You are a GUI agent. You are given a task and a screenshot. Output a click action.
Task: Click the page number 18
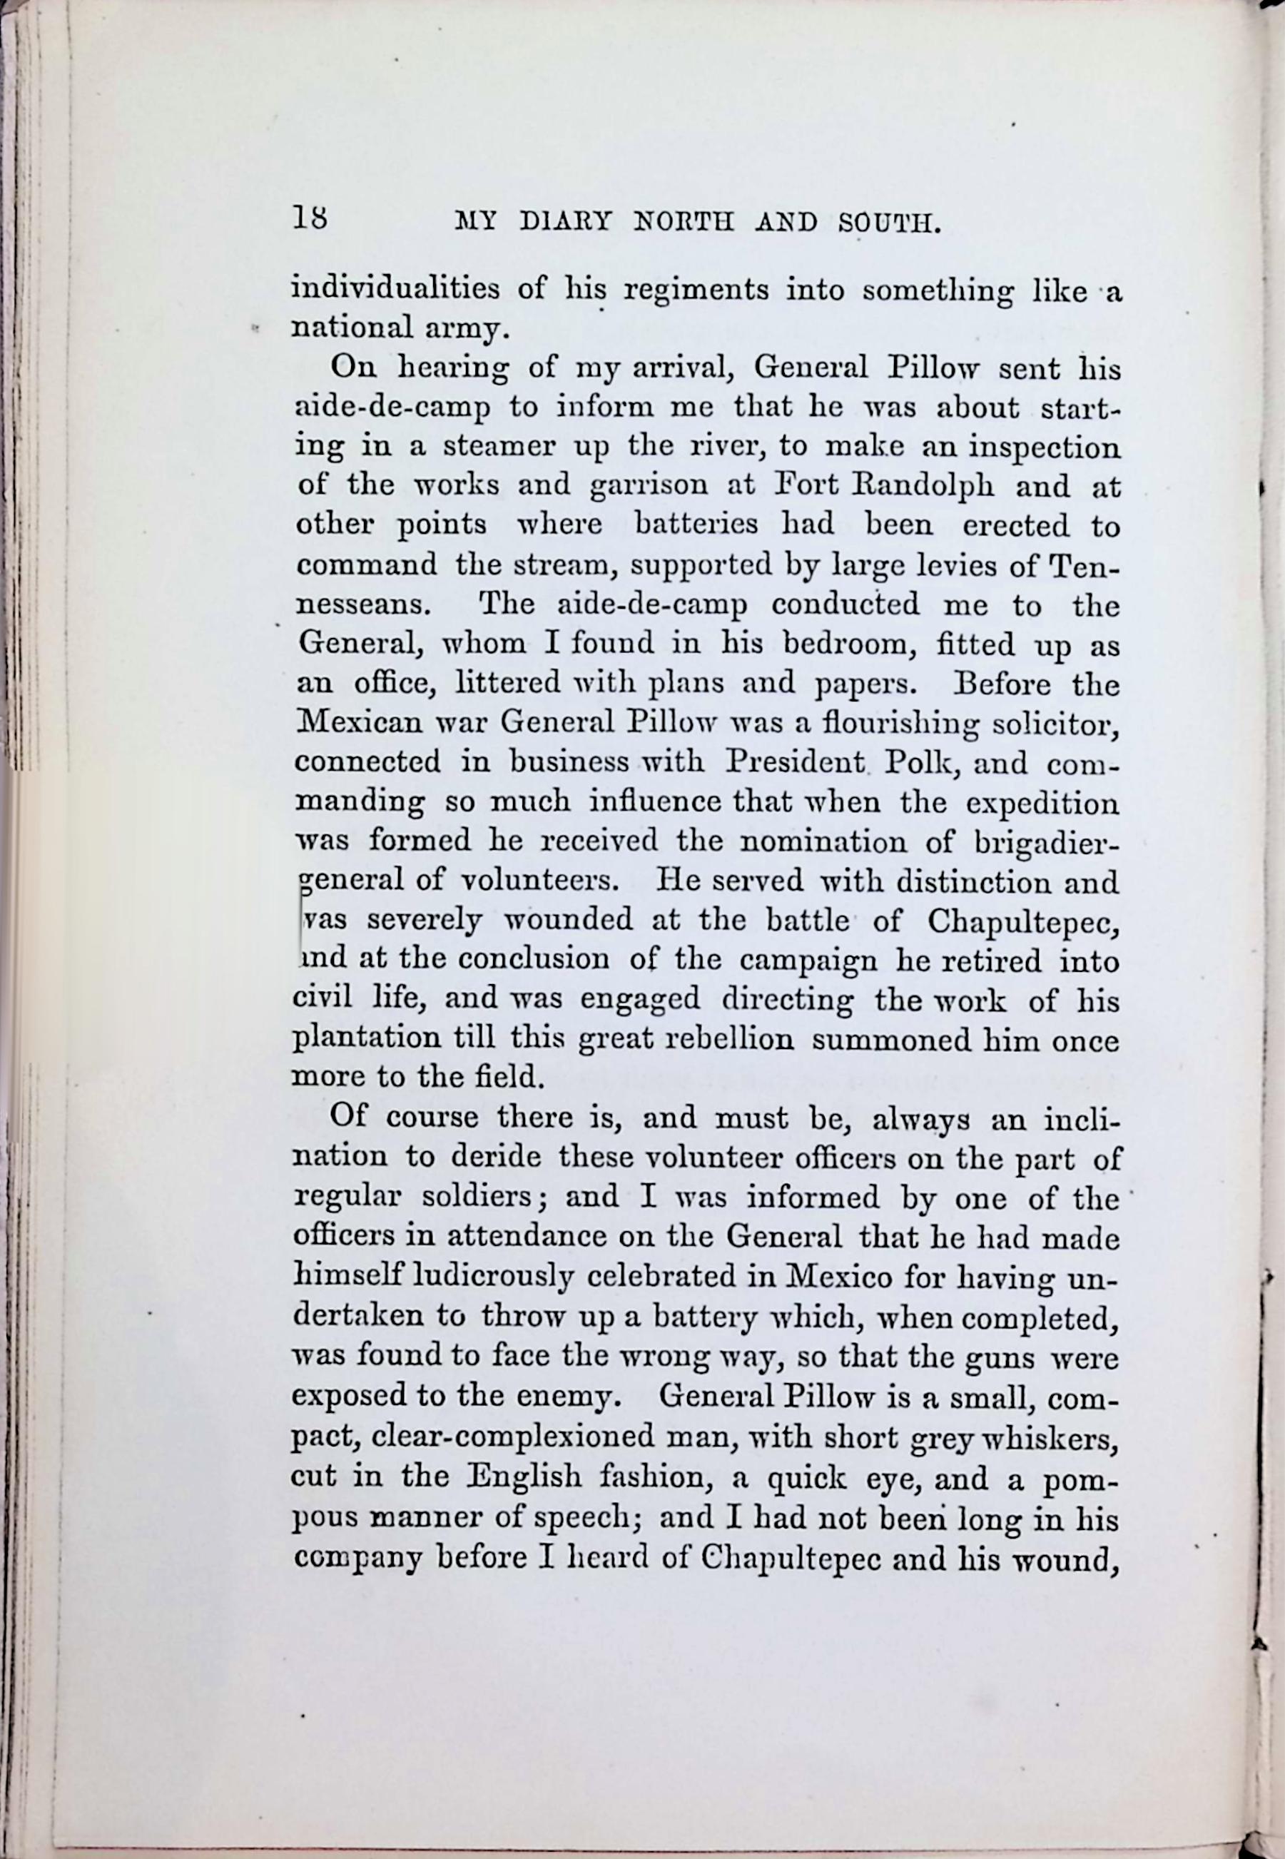coord(310,218)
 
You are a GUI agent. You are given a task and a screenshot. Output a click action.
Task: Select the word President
coord(795,761)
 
